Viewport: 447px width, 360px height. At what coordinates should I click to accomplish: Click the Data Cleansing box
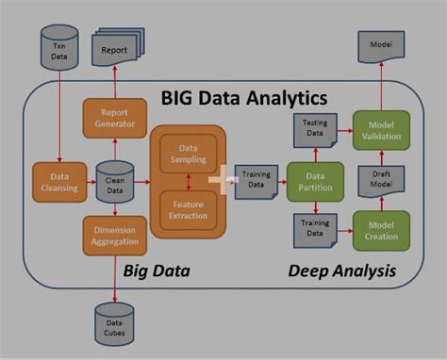58,182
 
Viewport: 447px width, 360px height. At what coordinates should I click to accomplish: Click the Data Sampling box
189,154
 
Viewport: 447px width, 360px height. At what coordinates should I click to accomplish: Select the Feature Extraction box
189,209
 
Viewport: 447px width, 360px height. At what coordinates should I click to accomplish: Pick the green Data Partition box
313,182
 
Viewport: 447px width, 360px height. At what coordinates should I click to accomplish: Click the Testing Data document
313,129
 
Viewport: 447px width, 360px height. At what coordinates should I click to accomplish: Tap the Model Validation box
381,129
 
